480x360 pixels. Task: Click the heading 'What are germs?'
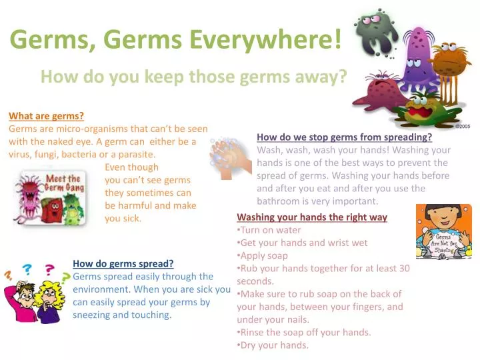(x=46, y=116)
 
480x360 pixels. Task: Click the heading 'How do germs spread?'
(x=123, y=263)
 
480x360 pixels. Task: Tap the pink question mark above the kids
(x=49, y=270)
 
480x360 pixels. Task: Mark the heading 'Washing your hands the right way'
(x=312, y=217)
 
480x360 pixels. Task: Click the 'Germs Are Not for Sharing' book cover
(x=443, y=231)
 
